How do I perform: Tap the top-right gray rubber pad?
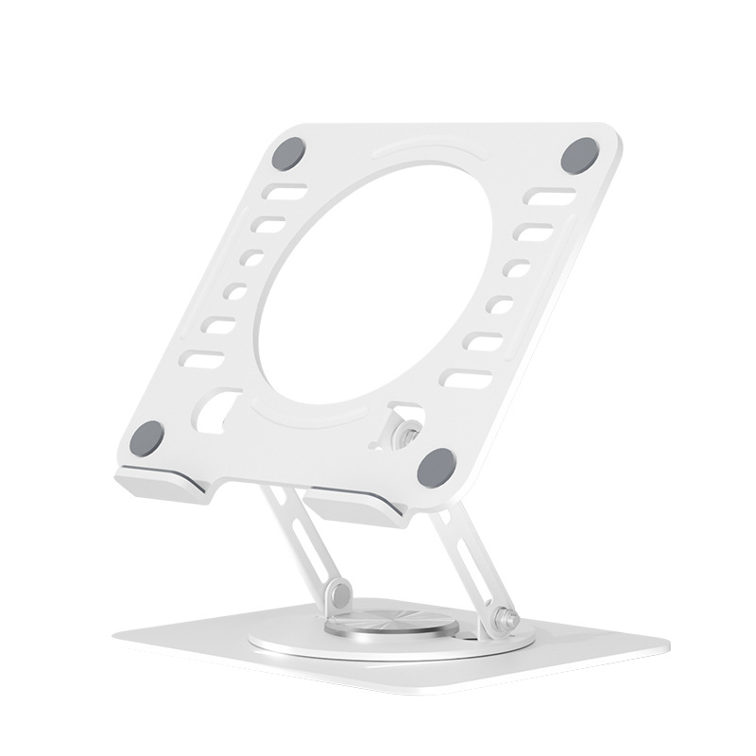(578, 155)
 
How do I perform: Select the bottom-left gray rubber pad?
(147, 437)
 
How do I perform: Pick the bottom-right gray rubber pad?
(436, 464)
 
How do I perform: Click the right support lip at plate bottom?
(357, 506)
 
